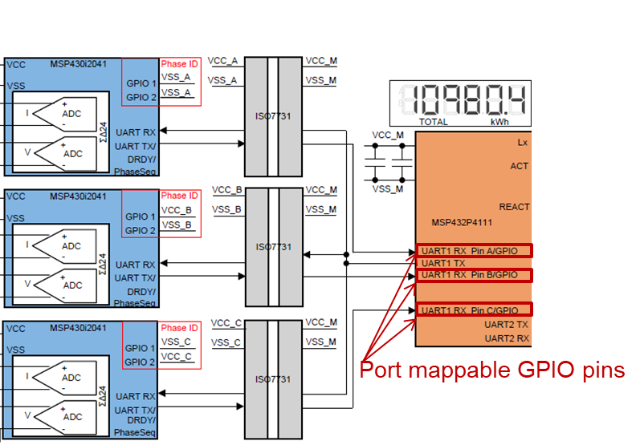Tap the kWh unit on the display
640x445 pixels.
tap(500, 122)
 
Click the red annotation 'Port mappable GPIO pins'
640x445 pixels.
tap(491, 370)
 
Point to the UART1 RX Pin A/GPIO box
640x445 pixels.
tap(474, 251)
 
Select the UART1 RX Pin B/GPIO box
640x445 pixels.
tap(474, 275)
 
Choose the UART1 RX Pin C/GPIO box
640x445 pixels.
tap(474, 310)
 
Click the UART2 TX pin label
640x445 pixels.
tap(506, 325)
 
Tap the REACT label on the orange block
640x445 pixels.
tap(514, 207)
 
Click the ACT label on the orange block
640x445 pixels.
tap(520, 166)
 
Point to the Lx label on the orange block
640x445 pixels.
tap(523, 142)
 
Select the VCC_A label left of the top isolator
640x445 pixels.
tap(222, 61)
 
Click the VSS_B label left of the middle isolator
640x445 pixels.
tap(226, 209)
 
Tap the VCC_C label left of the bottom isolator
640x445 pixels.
tap(226, 323)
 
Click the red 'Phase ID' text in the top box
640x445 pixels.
tap(179, 64)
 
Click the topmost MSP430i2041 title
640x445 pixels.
tap(78, 63)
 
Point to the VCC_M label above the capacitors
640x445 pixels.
tap(388, 135)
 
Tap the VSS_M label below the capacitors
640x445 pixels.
tap(388, 188)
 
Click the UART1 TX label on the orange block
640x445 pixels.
tap(443, 263)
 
